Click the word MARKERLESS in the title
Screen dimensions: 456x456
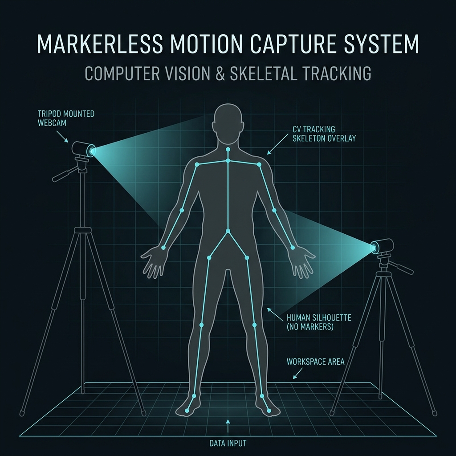coord(99,44)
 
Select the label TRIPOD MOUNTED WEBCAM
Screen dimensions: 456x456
coord(66,118)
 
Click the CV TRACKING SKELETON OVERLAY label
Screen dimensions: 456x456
coord(324,134)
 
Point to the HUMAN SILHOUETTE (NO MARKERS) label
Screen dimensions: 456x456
coord(319,322)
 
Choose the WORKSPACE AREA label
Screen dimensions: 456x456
coord(316,362)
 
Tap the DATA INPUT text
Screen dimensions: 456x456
coord(228,443)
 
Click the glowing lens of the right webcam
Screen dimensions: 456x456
coord(374,247)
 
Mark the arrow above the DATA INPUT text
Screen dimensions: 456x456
coord(228,426)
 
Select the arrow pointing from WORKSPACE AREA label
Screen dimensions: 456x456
coord(297,374)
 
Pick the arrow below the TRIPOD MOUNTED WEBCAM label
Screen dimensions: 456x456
coord(62,136)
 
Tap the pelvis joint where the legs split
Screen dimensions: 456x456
coord(228,231)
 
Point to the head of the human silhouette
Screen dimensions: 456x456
coord(228,123)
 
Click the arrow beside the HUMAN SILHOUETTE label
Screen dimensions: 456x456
coord(275,314)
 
